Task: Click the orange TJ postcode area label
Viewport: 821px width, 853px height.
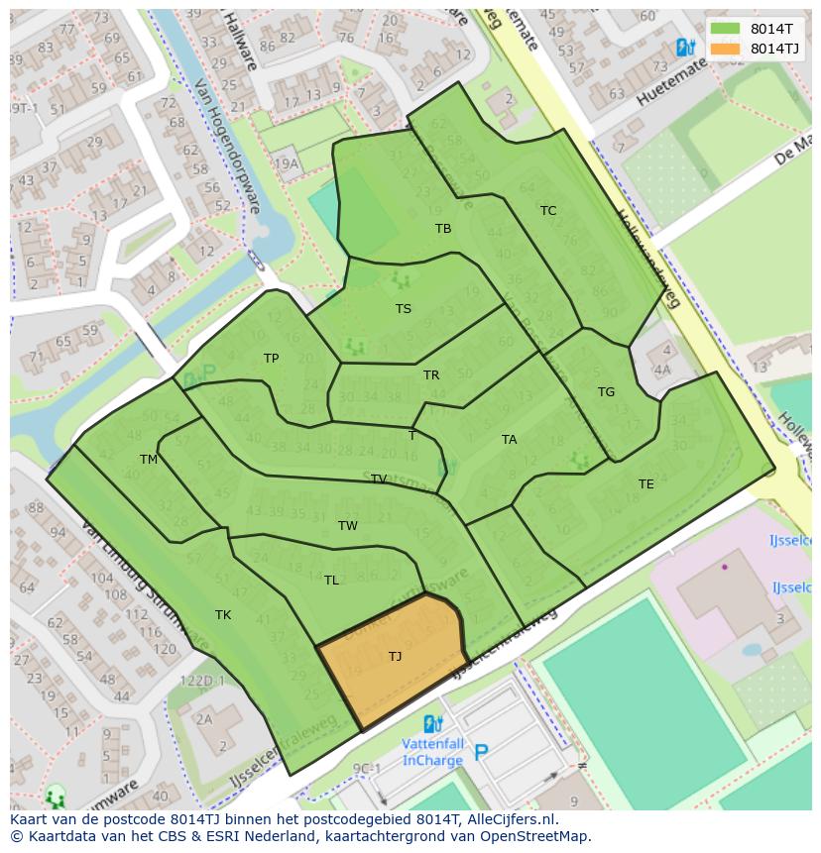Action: tap(395, 656)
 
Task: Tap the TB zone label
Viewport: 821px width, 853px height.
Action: tap(443, 229)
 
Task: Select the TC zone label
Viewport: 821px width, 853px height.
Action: tap(548, 211)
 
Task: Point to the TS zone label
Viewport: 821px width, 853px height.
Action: tap(404, 309)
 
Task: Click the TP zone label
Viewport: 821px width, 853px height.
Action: tap(271, 359)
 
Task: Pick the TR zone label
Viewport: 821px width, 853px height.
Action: tap(431, 375)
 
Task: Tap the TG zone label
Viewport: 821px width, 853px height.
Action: tap(606, 392)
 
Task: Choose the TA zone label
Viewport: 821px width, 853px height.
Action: tap(509, 440)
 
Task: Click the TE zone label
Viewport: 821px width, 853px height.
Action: tap(646, 484)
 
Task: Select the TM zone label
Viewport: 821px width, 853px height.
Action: tap(149, 460)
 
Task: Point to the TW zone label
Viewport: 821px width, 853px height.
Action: tap(347, 526)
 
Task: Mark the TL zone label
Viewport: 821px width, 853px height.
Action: tap(331, 581)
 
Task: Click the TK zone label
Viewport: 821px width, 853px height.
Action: tap(223, 615)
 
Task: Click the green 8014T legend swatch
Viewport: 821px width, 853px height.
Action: tap(725, 29)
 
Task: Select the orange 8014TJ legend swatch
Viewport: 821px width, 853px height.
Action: tap(725, 49)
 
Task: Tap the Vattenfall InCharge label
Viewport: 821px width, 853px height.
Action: tap(432, 753)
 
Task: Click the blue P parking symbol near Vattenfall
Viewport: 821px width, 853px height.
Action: tap(481, 754)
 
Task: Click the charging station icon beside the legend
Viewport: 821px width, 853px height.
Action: tap(683, 47)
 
